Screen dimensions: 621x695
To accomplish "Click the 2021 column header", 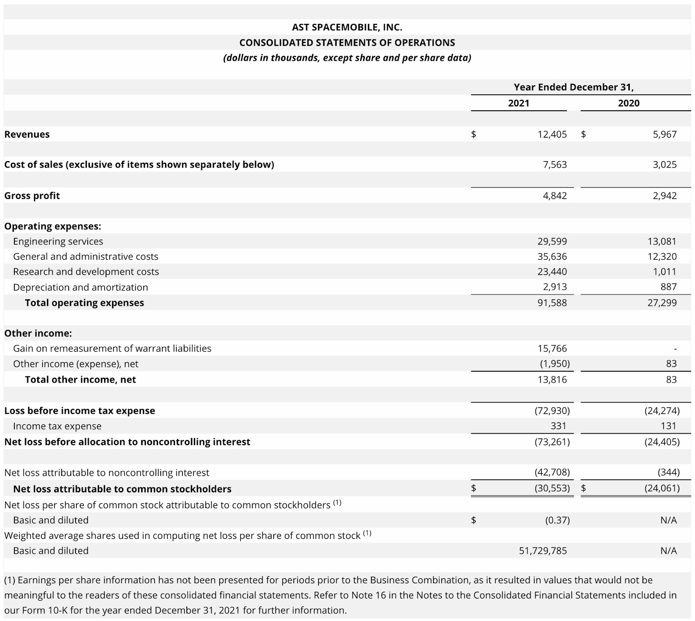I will pos(519,103).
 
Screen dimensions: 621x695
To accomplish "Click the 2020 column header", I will pos(629,103).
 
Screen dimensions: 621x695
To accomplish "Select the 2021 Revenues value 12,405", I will pos(552,134).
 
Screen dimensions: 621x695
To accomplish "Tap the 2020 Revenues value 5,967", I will pos(665,134).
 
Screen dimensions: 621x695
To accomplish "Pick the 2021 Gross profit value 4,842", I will pos(555,195).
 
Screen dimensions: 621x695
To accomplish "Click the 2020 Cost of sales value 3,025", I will pos(665,165).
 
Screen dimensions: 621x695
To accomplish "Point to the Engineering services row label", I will pos(58,241).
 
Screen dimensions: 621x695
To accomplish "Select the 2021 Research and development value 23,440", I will pos(552,272).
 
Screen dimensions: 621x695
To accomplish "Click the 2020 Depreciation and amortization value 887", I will pos(669,287).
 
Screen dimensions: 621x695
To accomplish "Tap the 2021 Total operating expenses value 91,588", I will pos(552,303).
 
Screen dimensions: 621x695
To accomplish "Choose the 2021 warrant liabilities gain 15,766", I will pos(552,348).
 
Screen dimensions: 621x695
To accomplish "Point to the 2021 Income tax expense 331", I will pos(558,426).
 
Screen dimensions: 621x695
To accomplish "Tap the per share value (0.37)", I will pos(557,520).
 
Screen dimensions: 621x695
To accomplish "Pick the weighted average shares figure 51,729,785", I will pos(543,551).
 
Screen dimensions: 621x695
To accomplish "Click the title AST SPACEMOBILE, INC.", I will pos(347,27).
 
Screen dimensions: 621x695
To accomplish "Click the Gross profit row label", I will pos(32,196).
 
